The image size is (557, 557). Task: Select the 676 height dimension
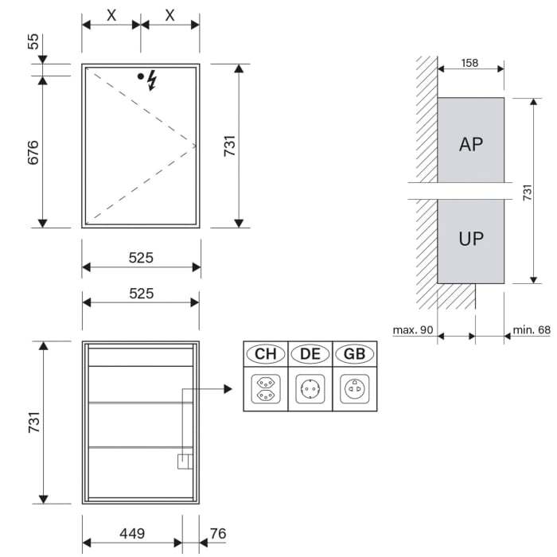click(x=33, y=152)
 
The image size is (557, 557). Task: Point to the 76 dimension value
click(x=217, y=534)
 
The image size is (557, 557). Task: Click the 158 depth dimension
click(x=469, y=63)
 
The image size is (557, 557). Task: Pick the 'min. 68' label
click(x=532, y=329)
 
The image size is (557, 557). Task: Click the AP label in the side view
click(x=471, y=144)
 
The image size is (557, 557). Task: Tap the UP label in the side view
click(x=471, y=238)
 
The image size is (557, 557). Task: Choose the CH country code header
click(x=265, y=353)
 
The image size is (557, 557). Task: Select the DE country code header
click(x=310, y=353)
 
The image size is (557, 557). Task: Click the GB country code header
click(x=355, y=353)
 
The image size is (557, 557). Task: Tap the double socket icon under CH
click(x=265, y=389)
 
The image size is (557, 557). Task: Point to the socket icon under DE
click(x=310, y=389)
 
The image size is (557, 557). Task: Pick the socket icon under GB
click(x=355, y=389)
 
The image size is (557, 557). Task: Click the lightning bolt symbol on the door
click(x=153, y=80)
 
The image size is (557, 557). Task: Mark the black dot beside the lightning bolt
click(x=141, y=76)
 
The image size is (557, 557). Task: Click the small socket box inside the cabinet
click(x=184, y=462)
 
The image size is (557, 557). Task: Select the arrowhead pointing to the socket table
click(x=227, y=389)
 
